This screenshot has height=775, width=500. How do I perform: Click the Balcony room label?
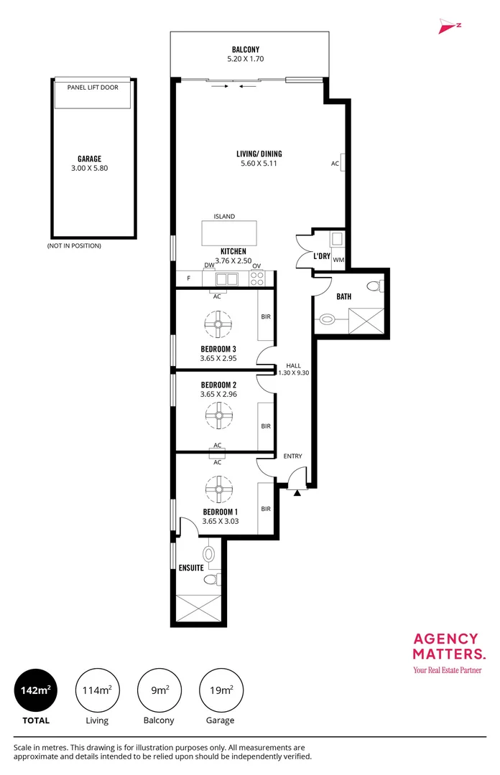coord(246,50)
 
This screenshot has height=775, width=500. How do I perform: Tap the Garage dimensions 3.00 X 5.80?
coord(90,168)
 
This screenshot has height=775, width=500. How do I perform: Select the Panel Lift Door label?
coord(93,88)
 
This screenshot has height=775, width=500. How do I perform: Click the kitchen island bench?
coord(229,233)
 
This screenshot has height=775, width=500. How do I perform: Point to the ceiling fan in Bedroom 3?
coord(218,324)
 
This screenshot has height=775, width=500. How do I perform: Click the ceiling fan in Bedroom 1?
coord(218,489)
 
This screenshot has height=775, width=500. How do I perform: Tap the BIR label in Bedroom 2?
coord(266,426)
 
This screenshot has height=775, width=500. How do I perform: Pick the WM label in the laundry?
coord(338,260)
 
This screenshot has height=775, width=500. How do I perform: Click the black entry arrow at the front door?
coord(297,493)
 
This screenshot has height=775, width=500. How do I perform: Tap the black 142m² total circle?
coord(36,690)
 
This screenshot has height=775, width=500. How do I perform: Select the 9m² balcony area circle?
coord(159,690)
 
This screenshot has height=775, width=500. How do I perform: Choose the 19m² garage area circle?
coord(221,690)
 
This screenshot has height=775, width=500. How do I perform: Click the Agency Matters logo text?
coord(449,647)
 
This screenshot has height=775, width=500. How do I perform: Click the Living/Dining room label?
coord(259,154)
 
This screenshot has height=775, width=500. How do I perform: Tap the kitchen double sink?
coord(227,279)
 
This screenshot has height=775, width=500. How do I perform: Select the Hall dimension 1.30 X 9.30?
coord(294,373)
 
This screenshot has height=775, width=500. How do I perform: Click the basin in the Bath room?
coord(327,319)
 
